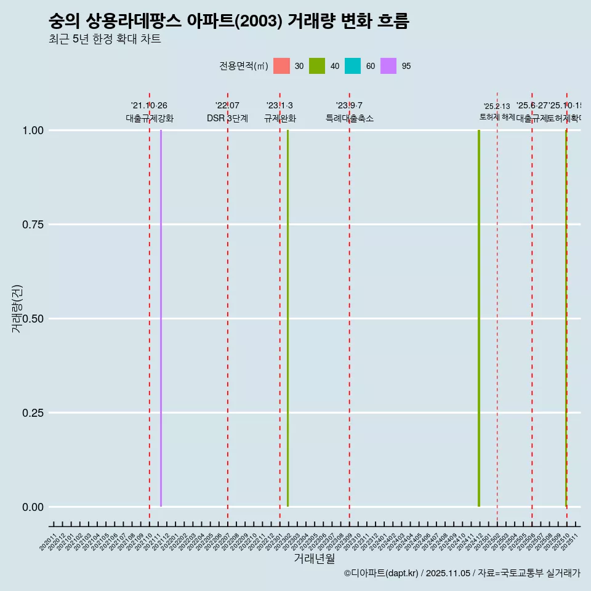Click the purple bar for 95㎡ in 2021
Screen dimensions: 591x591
(x=161, y=318)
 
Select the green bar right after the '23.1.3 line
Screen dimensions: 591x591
(x=287, y=318)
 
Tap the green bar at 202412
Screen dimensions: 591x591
(x=479, y=318)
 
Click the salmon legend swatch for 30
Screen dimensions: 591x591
(x=281, y=66)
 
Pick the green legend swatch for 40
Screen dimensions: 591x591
(x=317, y=66)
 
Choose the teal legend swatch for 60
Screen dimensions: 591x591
(x=353, y=66)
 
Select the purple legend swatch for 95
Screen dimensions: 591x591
(x=388, y=66)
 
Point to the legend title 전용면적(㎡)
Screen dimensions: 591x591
(x=244, y=66)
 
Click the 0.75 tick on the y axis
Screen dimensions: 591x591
(x=32, y=225)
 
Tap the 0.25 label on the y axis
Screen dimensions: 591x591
(x=32, y=413)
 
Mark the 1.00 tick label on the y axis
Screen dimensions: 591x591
(x=32, y=131)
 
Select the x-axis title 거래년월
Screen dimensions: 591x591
(x=315, y=558)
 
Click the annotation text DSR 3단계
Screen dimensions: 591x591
(x=227, y=118)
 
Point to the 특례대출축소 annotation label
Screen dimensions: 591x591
(x=350, y=118)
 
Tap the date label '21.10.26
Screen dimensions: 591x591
(x=149, y=106)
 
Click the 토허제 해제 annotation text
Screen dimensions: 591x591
(x=497, y=117)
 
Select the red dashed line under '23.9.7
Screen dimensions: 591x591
(x=350, y=308)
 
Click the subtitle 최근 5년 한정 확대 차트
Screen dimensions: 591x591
(x=105, y=39)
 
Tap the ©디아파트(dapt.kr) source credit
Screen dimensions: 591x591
(x=382, y=573)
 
